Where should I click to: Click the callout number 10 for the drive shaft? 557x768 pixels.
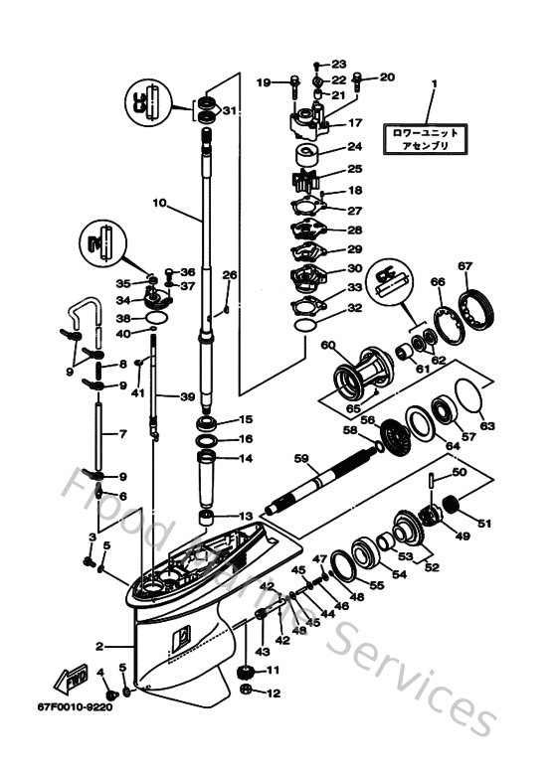pos(158,203)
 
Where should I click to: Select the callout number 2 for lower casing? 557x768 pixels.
pos(99,647)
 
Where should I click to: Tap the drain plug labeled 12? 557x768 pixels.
pos(245,693)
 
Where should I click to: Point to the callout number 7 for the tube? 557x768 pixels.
pos(123,435)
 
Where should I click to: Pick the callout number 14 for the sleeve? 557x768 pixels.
pos(245,458)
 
